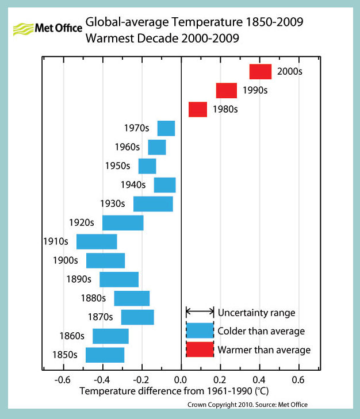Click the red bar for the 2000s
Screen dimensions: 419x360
260,72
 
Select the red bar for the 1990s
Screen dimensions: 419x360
227,91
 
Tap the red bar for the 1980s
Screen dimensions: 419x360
198,109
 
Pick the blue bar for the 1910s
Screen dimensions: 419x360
97,241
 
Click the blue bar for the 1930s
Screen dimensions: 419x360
153,204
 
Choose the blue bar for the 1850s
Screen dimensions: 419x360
105,355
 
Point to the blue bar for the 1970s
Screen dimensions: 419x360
166,128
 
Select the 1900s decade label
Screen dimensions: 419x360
66,260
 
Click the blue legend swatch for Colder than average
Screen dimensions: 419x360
200,331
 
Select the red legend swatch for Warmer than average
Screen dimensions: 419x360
200,349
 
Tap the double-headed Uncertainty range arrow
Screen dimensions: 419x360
200,312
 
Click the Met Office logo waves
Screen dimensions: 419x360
24,28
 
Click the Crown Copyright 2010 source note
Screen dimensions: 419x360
247,405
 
